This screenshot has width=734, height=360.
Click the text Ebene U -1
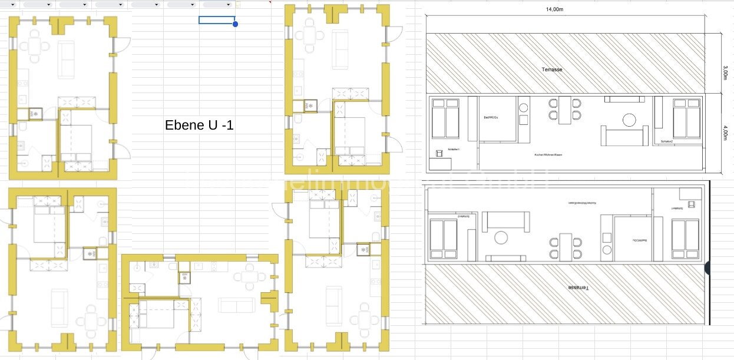click(x=199, y=125)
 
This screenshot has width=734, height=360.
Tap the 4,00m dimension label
click(x=725, y=133)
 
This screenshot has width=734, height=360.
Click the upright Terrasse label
click(x=552, y=70)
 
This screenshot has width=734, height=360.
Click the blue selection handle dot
click(x=235, y=24)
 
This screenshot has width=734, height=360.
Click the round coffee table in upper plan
click(x=630, y=120)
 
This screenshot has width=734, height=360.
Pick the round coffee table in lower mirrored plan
click(x=501, y=237)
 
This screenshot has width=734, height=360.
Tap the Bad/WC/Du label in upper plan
click(x=491, y=117)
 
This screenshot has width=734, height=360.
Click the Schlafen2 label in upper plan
click(x=667, y=142)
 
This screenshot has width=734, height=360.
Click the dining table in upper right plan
click(x=565, y=110)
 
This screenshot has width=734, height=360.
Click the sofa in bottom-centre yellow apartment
click(x=237, y=305)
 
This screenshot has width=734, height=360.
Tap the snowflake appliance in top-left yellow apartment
click(x=34, y=113)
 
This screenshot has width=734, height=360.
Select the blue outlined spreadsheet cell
click(x=217, y=20)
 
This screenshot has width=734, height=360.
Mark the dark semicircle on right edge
click(x=707, y=269)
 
